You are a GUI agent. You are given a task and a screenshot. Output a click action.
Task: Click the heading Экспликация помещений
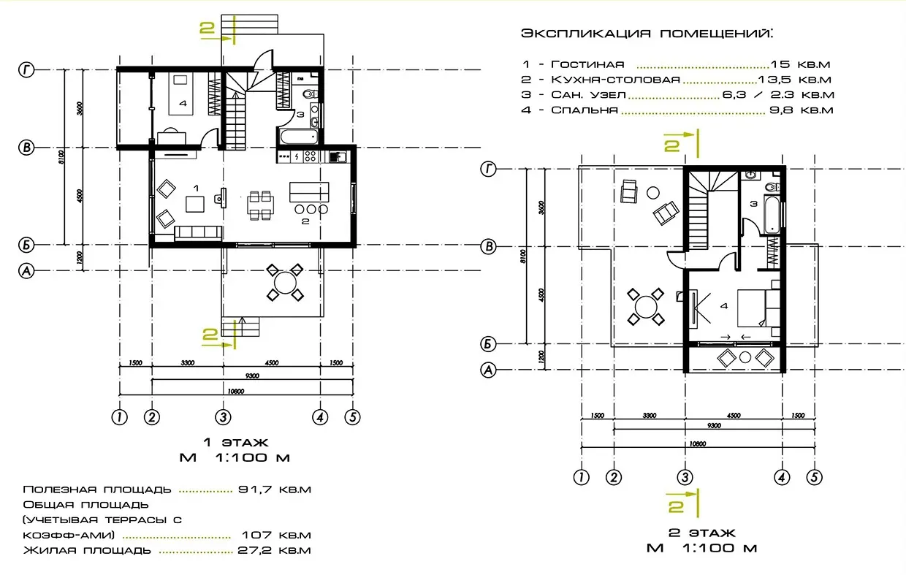(647, 34)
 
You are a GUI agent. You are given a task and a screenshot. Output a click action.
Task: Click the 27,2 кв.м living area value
(275, 550)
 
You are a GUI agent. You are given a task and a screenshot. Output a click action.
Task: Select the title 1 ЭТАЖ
(235, 442)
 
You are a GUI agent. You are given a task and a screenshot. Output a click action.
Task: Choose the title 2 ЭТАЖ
(701, 533)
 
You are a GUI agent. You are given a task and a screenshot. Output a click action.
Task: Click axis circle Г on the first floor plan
(26, 70)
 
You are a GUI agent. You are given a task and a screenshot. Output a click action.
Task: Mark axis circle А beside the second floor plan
(489, 370)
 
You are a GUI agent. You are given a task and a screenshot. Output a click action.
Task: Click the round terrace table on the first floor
(284, 281)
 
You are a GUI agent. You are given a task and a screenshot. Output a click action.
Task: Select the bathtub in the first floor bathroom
(296, 136)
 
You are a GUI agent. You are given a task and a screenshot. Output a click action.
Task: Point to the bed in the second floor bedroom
(753, 308)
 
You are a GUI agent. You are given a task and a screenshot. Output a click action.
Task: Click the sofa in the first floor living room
(198, 232)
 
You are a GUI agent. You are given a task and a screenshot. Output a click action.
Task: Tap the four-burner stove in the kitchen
(310, 156)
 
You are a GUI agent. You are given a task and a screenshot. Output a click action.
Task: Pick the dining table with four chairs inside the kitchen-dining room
(260, 205)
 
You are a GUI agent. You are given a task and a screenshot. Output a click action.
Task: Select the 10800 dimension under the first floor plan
(235, 391)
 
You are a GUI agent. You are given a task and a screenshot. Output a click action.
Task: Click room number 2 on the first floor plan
(305, 220)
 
